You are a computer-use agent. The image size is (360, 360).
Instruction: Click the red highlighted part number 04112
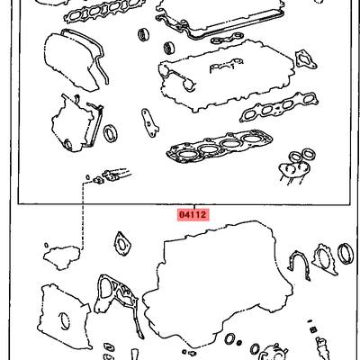click(x=193, y=215)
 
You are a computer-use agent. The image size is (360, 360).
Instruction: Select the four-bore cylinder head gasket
click(x=220, y=147)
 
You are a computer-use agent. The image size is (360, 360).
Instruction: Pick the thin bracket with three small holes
click(x=149, y=122)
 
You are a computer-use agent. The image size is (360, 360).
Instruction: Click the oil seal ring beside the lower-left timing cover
click(x=111, y=133)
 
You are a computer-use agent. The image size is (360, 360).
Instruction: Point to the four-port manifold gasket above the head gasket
click(x=278, y=107)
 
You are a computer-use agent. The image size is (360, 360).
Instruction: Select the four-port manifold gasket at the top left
click(x=94, y=12)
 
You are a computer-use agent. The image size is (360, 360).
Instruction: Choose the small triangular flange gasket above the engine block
click(x=122, y=244)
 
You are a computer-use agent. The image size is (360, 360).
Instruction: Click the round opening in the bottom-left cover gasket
click(x=65, y=322)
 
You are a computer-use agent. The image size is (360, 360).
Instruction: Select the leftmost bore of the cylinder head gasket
click(x=185, y=155)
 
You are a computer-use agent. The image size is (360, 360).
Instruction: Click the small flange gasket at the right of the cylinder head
click(x=306, y=59)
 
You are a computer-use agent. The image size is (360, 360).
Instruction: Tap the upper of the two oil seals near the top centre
click(x=144, y=34)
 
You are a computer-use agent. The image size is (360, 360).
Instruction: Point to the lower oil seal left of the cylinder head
click(x=170, y=48)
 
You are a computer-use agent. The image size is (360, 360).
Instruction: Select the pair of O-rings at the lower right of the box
click(x=301, y=155)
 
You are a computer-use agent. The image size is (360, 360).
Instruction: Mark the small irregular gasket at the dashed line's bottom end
click(x=61, y=256)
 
